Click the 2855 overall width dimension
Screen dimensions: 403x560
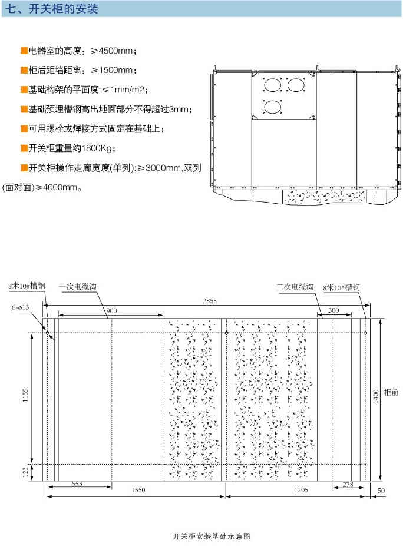210,301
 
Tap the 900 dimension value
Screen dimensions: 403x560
111,311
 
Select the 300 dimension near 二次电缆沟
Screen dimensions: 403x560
333,310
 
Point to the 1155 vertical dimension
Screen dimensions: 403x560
25,395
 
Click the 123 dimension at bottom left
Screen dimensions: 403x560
25,472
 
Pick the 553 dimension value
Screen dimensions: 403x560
77,484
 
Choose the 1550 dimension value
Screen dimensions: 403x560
138,490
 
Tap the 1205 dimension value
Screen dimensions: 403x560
301,490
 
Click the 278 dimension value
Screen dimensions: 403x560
348,484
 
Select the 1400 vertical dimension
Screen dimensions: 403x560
376,396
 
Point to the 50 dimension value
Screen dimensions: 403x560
381,491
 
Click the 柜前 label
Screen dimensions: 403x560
391,392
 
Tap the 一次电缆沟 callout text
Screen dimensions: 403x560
78,286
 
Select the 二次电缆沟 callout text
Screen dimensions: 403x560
295,286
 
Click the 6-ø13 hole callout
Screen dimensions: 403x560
21,307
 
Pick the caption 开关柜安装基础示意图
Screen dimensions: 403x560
212,536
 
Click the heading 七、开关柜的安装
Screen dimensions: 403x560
52,9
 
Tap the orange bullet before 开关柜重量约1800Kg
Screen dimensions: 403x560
24,148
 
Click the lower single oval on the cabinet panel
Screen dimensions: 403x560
273,107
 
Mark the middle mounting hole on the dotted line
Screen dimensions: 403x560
226,333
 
